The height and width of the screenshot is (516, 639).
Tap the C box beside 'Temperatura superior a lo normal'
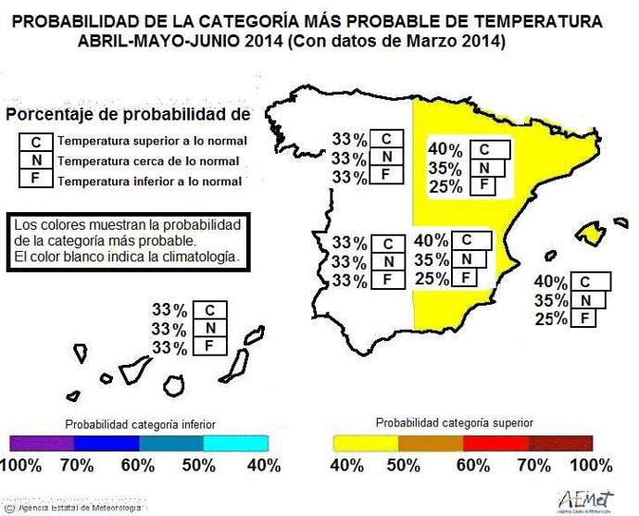[35, 142]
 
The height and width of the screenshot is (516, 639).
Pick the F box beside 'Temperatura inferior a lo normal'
[35, 180]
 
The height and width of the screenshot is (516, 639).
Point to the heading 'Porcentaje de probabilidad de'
[128, 115]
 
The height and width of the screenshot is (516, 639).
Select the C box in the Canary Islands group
[210, 309]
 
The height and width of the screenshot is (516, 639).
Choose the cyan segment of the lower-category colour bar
[237, 443]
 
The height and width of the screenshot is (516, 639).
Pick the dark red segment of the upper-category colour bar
[560, 442]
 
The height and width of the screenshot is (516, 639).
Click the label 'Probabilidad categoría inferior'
[138, 423]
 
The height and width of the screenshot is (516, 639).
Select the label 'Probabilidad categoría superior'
[454, 422]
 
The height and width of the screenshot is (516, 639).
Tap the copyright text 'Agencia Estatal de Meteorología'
[79, 507]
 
